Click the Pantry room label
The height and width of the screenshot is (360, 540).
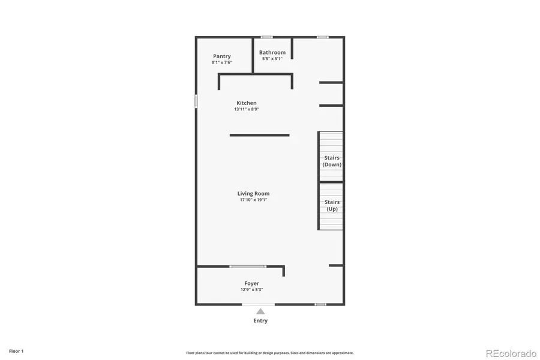pyautogui.click(x=221, y=56)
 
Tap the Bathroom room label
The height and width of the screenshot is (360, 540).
pyautogui.click(x=272, y=53)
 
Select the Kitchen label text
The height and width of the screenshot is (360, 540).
pyautogui.click(x=246, y=103)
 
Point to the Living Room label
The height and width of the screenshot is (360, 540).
pyautogui.click(x=253, y=194)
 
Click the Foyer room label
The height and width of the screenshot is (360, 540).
pyautogui.click(x=251, y=283)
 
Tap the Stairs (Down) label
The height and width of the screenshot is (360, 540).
pyautogui.click(x=332, y=161)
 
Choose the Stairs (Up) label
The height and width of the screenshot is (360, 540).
pyautogui.click(x=332, y=206)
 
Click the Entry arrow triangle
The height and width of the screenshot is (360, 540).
pyautogui.click(x=260, y=311)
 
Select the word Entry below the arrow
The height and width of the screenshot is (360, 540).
pyautogui.click(x=260, y=321)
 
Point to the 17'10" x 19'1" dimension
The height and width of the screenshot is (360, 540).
pyautogui.click(x=253, y=200)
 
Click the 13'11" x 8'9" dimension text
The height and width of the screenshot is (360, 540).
pyautogui.click(x=246, y=109)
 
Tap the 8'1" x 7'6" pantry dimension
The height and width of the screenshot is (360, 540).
pyautogui.click(x=221, y=62)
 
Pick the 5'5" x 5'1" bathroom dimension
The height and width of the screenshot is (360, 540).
pyautogui.click(x=272, y=59)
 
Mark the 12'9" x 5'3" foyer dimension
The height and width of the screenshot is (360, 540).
pyautogui.click(x=251, y=289)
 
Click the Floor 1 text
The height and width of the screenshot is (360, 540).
pyautogui.click(x=16, y=351)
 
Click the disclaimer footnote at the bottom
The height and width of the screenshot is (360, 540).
pyautogui.click(x=269, y=353)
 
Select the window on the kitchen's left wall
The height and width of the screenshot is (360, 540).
pyautogui.click(x=196, y=101)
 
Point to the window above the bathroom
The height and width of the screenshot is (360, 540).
pyautogui.click(x=266, y=37)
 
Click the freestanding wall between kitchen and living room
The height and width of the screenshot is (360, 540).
pyautogui.click(x=259, y=135)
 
